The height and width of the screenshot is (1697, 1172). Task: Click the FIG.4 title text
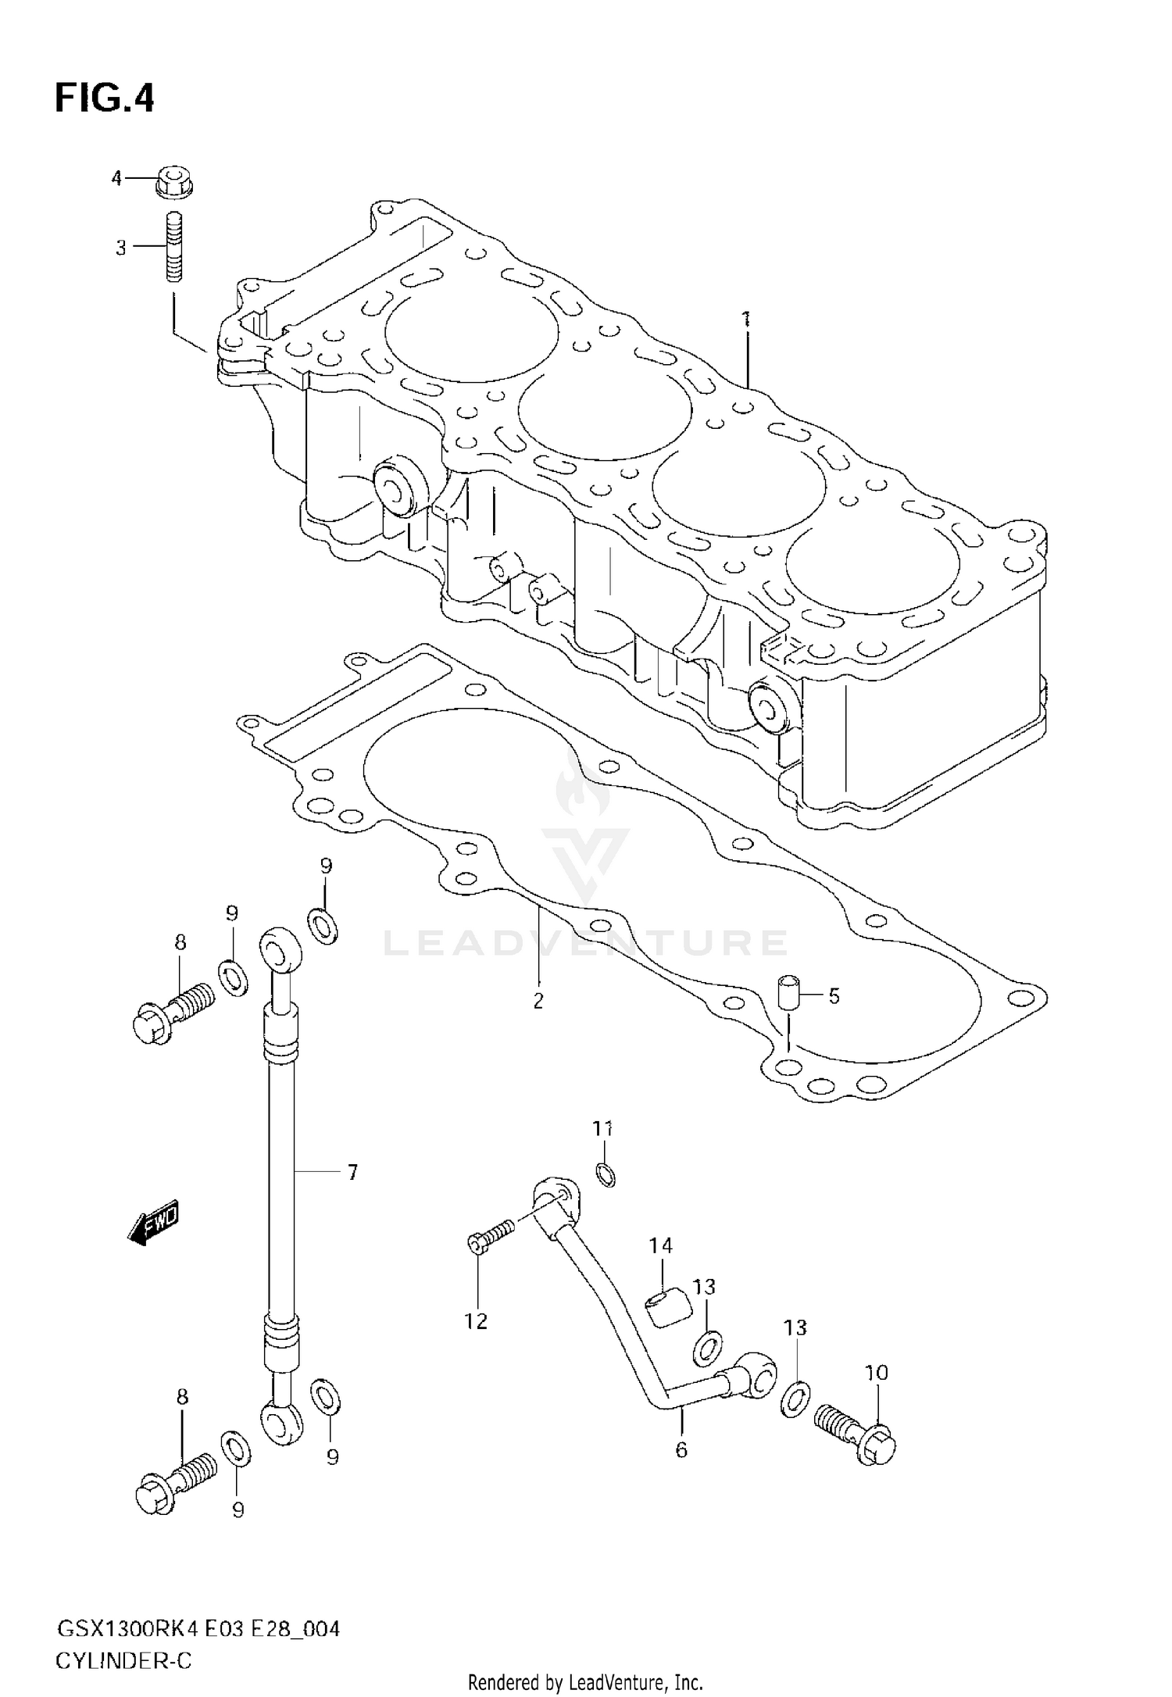[105, 99]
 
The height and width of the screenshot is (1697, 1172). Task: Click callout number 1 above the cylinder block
[746, 318]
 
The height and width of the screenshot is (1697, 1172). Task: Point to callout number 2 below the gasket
[538, 1001]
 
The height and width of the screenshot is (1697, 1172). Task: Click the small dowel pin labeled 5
[788, 993]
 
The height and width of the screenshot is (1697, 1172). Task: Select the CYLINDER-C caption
[123, 1638]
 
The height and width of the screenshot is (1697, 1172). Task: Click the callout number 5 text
[834, 996]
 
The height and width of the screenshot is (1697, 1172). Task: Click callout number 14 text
[661, 1267]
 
